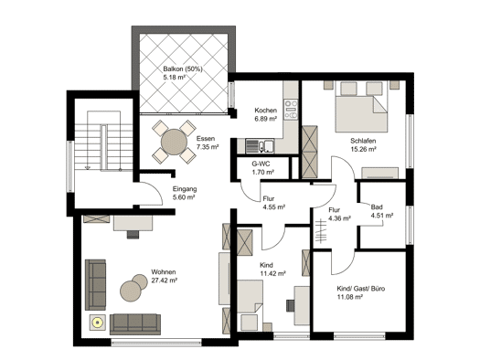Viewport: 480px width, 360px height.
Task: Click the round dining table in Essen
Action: click(x=174, y=142)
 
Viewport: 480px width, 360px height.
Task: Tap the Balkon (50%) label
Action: click(x=183, y=69)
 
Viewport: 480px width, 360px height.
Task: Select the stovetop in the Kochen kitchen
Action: click(x=291, y=110)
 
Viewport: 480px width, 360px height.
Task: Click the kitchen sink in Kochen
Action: click(x=260, y=146)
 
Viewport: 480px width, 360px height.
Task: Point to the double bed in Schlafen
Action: click(x=361, y=107)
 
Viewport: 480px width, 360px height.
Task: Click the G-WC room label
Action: click(x=261, y=164)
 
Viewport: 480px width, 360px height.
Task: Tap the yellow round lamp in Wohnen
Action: click(x=98, y=323)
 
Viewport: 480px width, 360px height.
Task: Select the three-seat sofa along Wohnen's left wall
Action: click(x=95, y=285)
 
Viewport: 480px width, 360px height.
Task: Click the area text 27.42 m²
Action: click(x=165, y=281)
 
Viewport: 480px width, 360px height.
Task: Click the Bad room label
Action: click(x=377, y=207)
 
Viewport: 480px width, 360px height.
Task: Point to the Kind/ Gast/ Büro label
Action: click(x=361, y=289)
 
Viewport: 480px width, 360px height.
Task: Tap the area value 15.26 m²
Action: click(x=363, y=149)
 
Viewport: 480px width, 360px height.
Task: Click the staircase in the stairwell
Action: click(x=104, y=142)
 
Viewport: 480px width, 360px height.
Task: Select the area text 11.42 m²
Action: click(x=272, y=273)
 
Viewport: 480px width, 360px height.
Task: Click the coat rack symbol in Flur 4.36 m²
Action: click(x=321, y=230)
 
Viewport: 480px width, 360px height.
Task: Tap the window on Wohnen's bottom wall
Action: click(x=156, y=342)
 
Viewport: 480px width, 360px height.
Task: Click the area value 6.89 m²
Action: click(x=266, y=119)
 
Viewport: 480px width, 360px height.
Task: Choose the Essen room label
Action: click(x=206, y=139)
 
